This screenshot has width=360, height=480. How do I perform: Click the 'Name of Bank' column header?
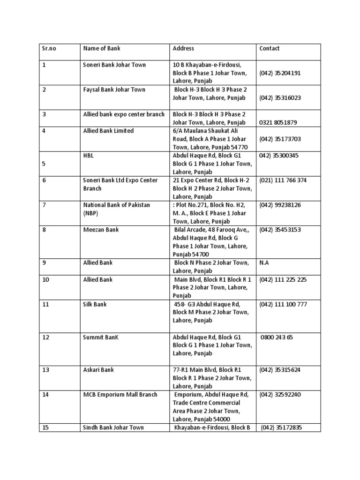(x=102, y=48)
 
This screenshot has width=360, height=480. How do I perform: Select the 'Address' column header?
(x=183, y=48)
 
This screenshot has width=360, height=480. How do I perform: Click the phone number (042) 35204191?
(x=280, y=73)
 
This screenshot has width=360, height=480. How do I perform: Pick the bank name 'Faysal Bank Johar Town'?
(x=114, y=90)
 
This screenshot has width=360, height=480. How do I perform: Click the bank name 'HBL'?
(x=88, y=156)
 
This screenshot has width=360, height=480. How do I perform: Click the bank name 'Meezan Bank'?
(x=101, y=230)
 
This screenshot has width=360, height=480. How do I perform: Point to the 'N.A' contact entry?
(x=264, y=263)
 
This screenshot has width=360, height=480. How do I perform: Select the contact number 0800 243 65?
(x=277, y=337)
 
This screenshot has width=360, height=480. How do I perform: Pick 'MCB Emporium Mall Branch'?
(x=120, y=395)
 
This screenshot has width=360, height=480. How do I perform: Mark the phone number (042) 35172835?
(x=281, y=427)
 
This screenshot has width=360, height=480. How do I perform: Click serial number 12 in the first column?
(x=45, y=337)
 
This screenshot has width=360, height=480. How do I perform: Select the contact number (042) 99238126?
(x=280, y=205)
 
